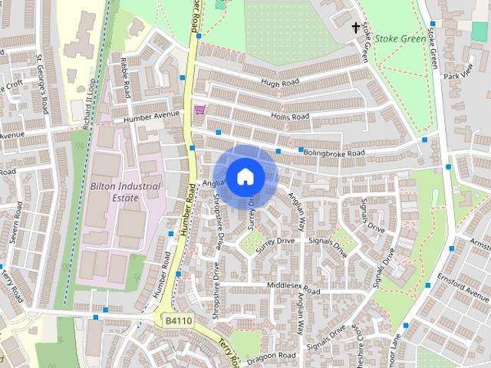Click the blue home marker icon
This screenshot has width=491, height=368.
tap(245, 176)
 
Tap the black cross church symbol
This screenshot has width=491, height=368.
tap(355, 28)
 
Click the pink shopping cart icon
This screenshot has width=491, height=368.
tap(200, 110)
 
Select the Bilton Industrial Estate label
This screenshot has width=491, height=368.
tap(125, 192)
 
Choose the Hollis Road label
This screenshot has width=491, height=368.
tap(289, 117)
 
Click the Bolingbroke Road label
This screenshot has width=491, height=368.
tap(334, 153)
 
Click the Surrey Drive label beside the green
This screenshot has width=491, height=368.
tap(276, 242)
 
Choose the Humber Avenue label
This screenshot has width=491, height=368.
tap(153, 117)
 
